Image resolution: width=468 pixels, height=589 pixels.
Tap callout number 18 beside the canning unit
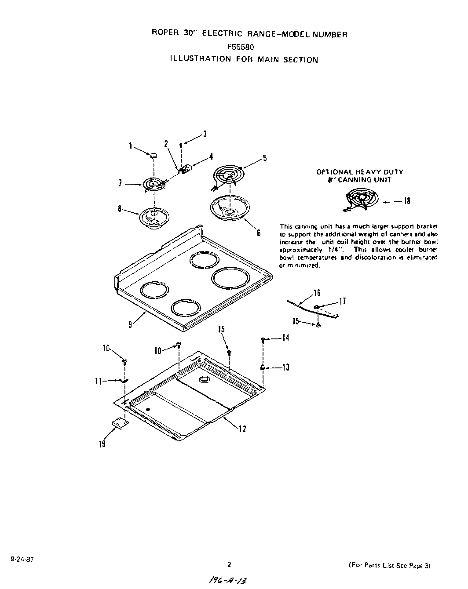point(407,201)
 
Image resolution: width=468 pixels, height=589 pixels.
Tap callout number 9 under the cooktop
point(130,325)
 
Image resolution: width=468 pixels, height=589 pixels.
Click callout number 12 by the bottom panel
point(242,429)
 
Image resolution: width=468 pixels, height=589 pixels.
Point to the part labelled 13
point(263,367)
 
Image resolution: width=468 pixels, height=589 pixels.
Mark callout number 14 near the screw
point(286,338)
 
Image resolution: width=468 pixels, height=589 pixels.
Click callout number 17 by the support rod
point(342,301)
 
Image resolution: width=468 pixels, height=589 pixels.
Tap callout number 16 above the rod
point(317,293)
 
